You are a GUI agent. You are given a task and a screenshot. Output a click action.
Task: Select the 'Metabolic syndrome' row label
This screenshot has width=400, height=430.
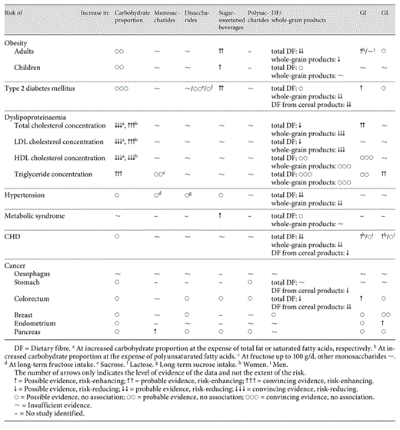coord(34,216)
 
